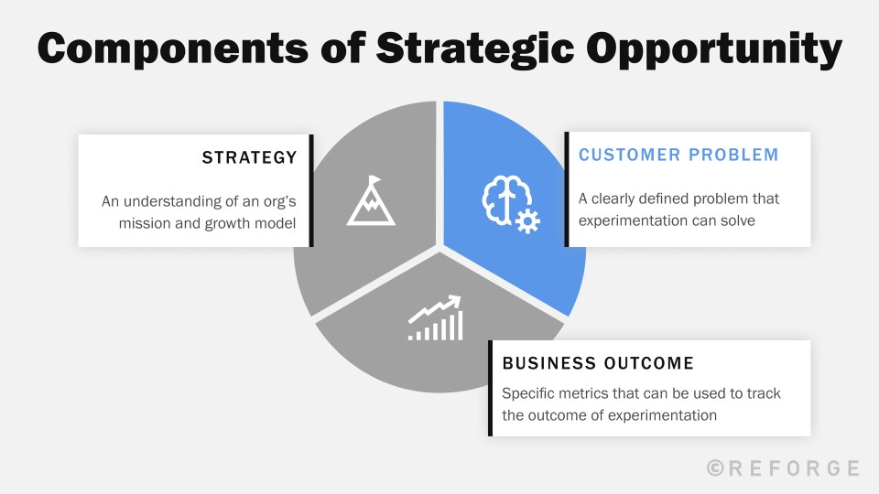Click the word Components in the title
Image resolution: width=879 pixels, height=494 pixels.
[x=173, y=48]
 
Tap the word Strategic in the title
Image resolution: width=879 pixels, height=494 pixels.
[x=475, y=49]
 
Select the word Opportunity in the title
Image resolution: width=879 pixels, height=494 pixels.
[x=715, y=49]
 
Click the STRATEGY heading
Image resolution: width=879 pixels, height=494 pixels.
[x=249, y=157]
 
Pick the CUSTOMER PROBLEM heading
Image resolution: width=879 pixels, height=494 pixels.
[x=678, y=155]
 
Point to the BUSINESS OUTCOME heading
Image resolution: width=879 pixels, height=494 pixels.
[x=598, y=363]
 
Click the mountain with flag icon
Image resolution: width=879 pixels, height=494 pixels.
[x=371, y=200]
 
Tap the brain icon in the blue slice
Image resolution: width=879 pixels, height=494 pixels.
[x=506, y=200]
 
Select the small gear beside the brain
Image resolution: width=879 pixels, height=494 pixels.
[x=527, y=220]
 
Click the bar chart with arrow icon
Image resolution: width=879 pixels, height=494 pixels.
[x=436, y=318]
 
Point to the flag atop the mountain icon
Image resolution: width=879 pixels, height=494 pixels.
[x=374, y=180]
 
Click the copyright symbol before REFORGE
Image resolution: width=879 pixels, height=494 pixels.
[x=715, y=468]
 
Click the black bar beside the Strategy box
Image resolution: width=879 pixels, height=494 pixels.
[x=311, y=190]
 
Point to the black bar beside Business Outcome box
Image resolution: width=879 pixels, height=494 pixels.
[x=490, y=388]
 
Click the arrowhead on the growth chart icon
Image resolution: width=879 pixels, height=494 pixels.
[x=455, y=301]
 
